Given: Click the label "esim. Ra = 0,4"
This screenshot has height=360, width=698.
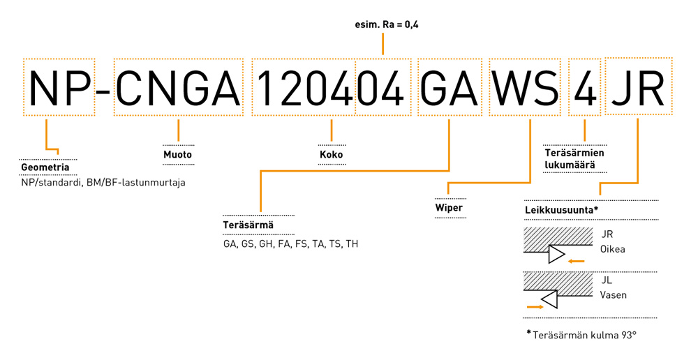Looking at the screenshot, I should pyautogui.click(x=387, y=24).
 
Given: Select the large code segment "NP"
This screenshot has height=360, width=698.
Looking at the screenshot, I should pyautogui.click(x=59, y=87).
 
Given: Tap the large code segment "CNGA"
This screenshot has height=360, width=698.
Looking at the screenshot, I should pyautogui.click(x=177, y=87).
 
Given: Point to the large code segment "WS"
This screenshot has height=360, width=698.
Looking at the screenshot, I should pyautogui.click(x=525, y=87).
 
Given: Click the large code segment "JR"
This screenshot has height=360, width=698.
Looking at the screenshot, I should pyautogui.click(x=638, y=87).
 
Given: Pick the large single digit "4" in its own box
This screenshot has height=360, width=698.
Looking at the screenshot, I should pyautogui.click(x=585, y=87).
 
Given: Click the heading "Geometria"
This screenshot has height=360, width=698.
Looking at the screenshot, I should pyautogui.click(x=45, y=167).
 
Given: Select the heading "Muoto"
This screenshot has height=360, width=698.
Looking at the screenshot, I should pyautogui.click(x=177, y=154).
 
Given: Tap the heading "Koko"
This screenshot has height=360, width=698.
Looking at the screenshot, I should pyautogui.click(x=331, y=154).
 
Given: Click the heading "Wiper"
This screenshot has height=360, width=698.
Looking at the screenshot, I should pyautogui.click(x=449, y=207).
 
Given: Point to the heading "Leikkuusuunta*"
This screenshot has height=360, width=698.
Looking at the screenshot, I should pyautogui.click(x=561, y=209).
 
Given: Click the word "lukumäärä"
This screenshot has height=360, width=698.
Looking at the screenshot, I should pyautogui.click(x=570, y=165).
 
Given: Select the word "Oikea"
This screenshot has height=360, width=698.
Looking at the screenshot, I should pyautogui.click(x=613, y=249).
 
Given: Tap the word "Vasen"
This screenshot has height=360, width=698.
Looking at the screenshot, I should pyautogui.click(x=614, y=294).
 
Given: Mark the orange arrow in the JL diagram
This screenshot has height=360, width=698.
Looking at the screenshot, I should pyautogui.click(x=535, y=307).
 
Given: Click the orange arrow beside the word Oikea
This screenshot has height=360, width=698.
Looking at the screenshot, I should pyautogui.click(x=576, y=262).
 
